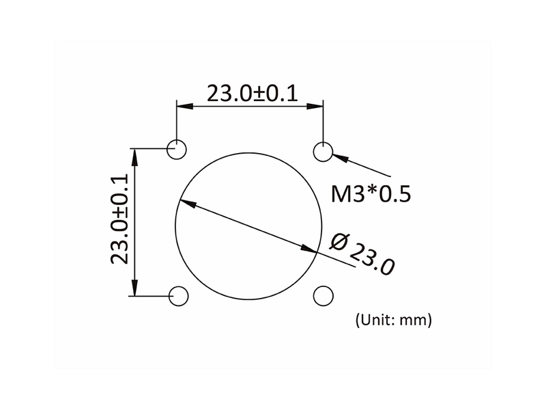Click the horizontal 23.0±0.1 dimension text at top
(253, 92)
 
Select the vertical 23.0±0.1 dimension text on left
(119, 219)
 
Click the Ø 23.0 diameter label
(362, 254)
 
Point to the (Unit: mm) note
(392, 319)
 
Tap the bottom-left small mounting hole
(179, 296)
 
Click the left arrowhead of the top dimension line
(183, 106)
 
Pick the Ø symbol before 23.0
(339, 241)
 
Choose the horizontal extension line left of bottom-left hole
(150, 296)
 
